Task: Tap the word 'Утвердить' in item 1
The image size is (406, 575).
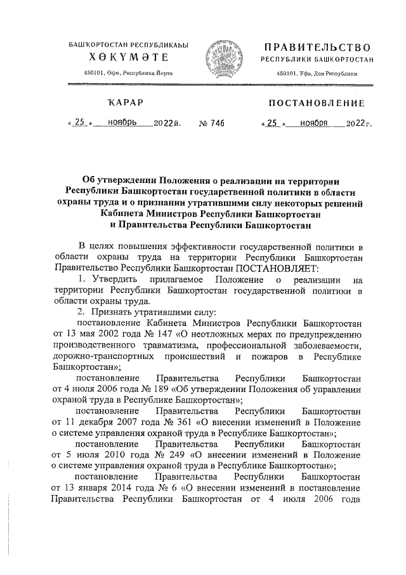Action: (x=111, y=280)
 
